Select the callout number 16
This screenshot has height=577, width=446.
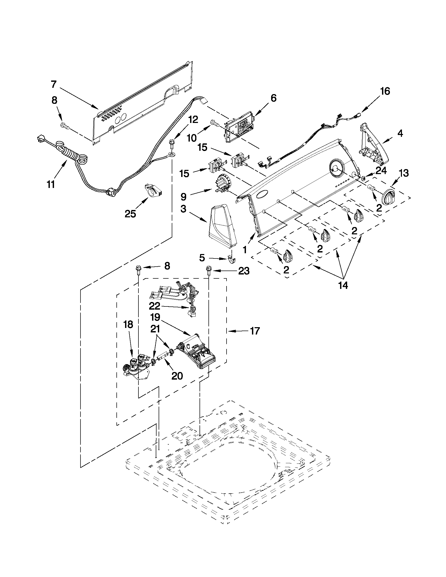click(385, 91)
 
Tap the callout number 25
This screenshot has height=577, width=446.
click(130, 214)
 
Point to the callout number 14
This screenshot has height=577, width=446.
click(343, 285)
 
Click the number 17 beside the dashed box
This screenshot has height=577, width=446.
click(255, 331)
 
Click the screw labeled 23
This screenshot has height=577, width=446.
click(208, 271)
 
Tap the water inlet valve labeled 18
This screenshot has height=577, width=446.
click(137, 366)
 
